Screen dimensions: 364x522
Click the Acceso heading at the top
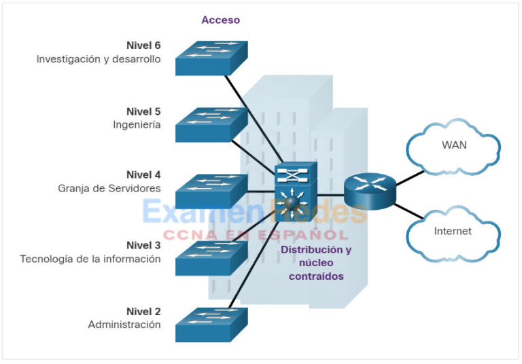(220, 20)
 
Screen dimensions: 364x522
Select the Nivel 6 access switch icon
(211, 58)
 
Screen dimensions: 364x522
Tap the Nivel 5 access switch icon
(211, 125)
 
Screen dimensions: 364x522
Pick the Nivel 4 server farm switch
(211, 192)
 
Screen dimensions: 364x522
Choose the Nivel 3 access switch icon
(211, 258)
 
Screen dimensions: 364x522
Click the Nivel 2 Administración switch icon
(211, 325)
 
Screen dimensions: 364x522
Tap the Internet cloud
(453, 232)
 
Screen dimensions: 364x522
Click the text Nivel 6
(143, 45)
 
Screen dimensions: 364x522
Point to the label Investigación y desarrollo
(99, 59)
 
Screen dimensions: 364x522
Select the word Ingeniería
(137, 125)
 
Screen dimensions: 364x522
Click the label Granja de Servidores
(109, 188)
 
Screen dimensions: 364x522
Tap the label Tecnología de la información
(90, 259)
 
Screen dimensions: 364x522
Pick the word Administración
(124, 325)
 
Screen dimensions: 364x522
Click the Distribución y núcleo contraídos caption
(316, 263)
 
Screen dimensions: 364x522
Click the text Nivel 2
(143, 312)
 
